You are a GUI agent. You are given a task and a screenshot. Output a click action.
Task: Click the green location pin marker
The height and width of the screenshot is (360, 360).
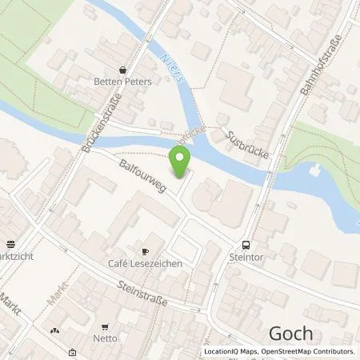[181, 163]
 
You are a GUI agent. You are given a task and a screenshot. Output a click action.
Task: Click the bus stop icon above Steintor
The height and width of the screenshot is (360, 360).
[246, 246]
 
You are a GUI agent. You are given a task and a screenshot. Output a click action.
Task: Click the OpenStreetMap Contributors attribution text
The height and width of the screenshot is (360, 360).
[312, 351]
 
